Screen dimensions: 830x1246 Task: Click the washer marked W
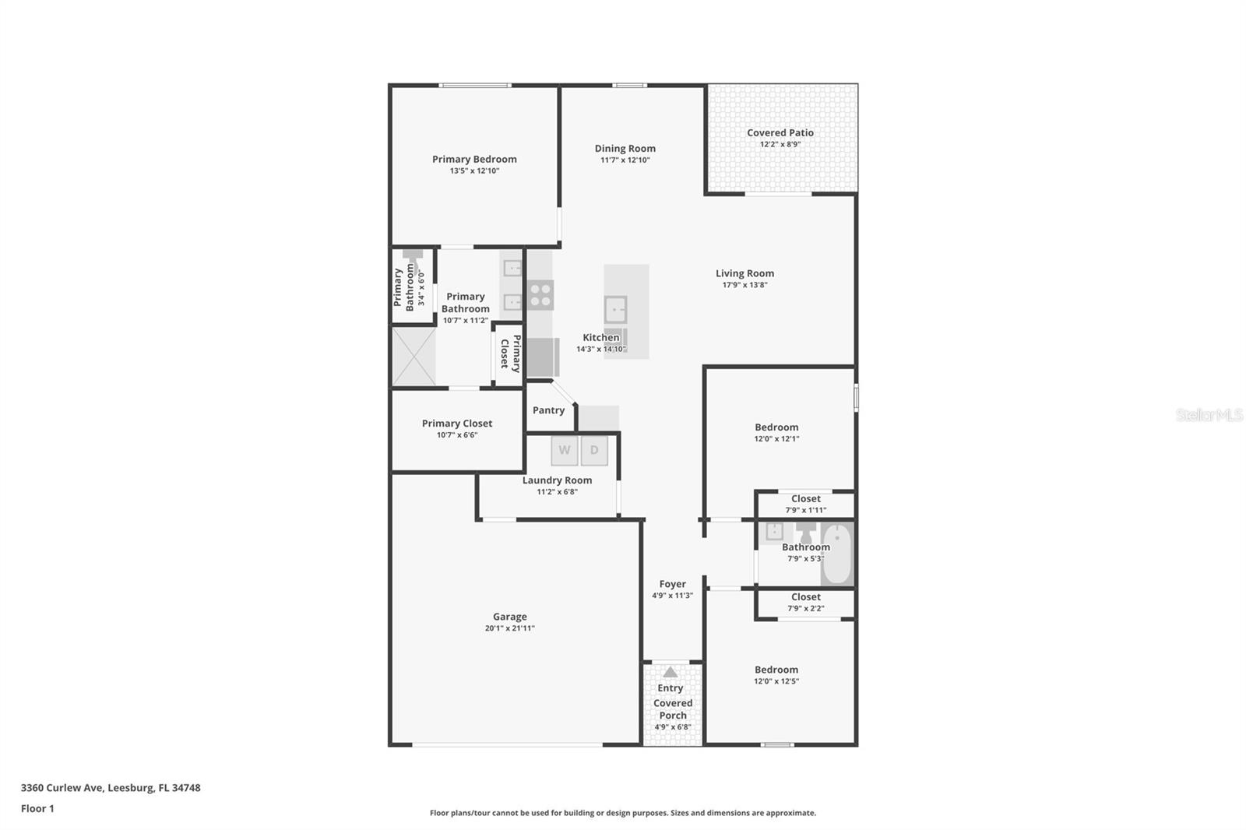(x=565, y=451)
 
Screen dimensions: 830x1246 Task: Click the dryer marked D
(x=594, y=451)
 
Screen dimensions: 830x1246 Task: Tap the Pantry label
(x=548, y=410)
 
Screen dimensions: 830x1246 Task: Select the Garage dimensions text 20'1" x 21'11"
(x=509, y=628)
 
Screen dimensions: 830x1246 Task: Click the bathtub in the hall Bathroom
(x=838, y=554)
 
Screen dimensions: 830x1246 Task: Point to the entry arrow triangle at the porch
(x=670, y=672)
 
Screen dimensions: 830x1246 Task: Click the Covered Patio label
(x=780, y=133)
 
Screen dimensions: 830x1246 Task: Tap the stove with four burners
(x=540, y=295)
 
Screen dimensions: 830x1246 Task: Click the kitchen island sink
(x=615, y=310)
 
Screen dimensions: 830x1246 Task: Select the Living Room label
(x=744, y=273)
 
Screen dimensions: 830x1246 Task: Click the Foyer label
(x=672, y=584)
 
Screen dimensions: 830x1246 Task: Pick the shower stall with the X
(x=414, y=357)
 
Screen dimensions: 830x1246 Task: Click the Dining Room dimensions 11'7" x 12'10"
(x=625, y=160)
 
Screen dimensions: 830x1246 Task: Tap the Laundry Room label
(x=557, y=480)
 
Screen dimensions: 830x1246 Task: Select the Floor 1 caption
(x=37, y=809)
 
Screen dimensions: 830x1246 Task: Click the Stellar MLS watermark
(x=1209, y=416)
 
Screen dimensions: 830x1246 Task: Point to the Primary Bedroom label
(x=474, y=160)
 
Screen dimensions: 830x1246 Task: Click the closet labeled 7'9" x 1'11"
(x=805, y=504)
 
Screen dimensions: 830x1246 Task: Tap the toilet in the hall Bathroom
(x=806, y=532)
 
